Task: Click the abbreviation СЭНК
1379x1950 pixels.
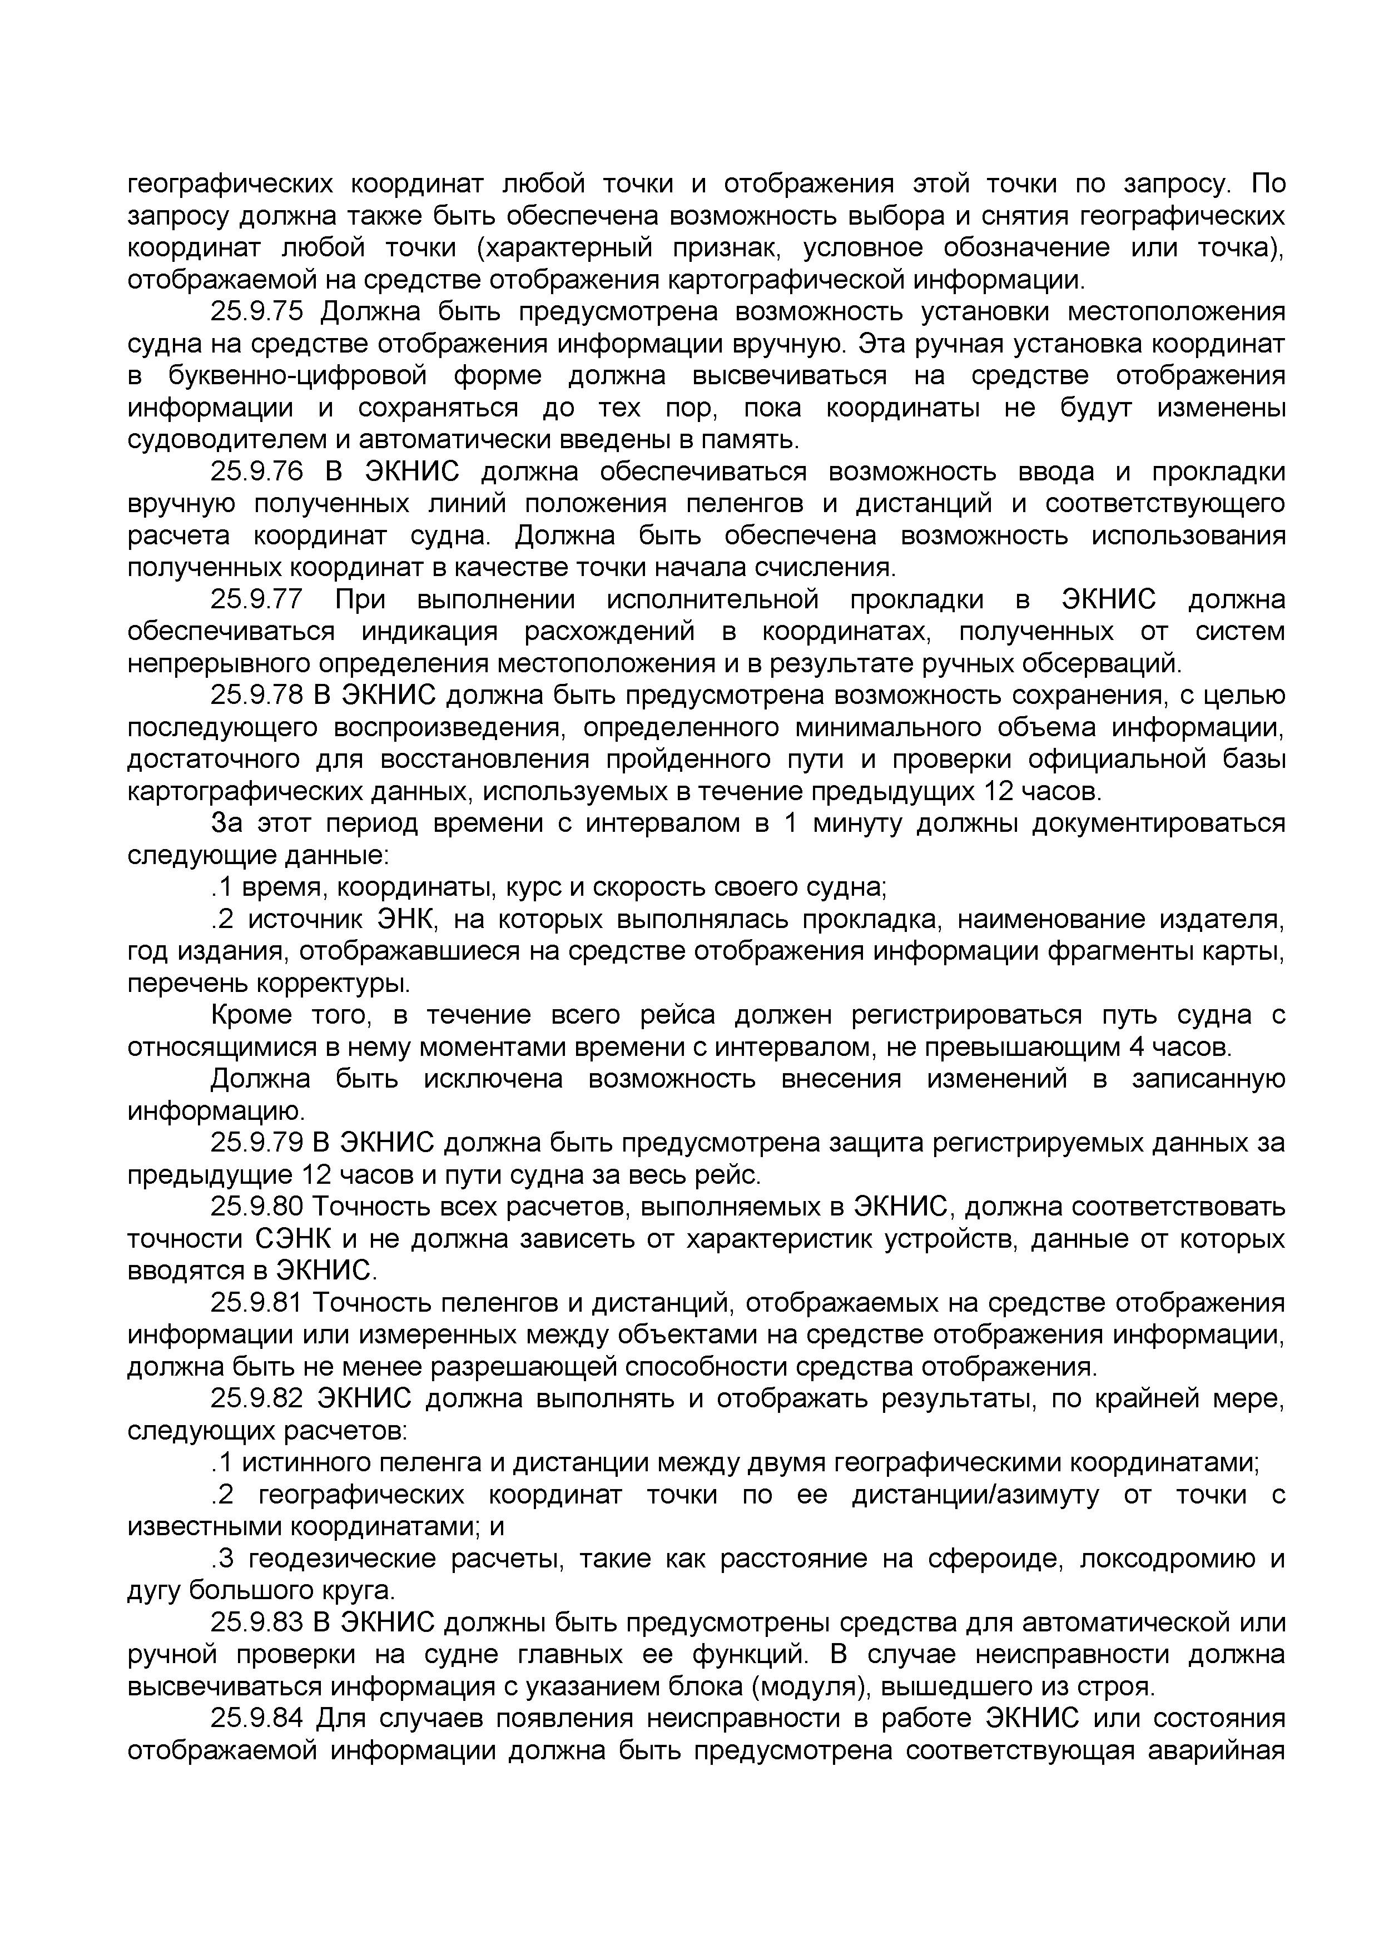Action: point(292,1239)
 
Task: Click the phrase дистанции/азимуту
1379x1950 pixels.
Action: point(975,1495)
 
